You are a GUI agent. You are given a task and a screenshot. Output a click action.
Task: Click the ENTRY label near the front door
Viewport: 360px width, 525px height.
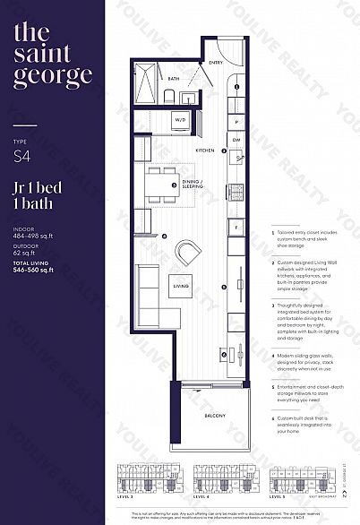(216, 63)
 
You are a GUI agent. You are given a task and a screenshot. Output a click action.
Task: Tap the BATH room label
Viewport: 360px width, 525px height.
(174, 79)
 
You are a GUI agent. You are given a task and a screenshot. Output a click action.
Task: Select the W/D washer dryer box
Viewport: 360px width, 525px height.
(180, 119)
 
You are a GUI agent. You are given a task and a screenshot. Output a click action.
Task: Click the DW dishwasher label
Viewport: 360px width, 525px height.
(236, 140)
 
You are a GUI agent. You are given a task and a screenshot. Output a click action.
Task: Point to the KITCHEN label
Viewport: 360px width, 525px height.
(205, 151)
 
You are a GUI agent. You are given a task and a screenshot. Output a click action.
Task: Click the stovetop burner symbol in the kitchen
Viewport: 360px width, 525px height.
(236, 191)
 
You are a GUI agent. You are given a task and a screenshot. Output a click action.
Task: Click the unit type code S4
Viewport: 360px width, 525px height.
(21, 157)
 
